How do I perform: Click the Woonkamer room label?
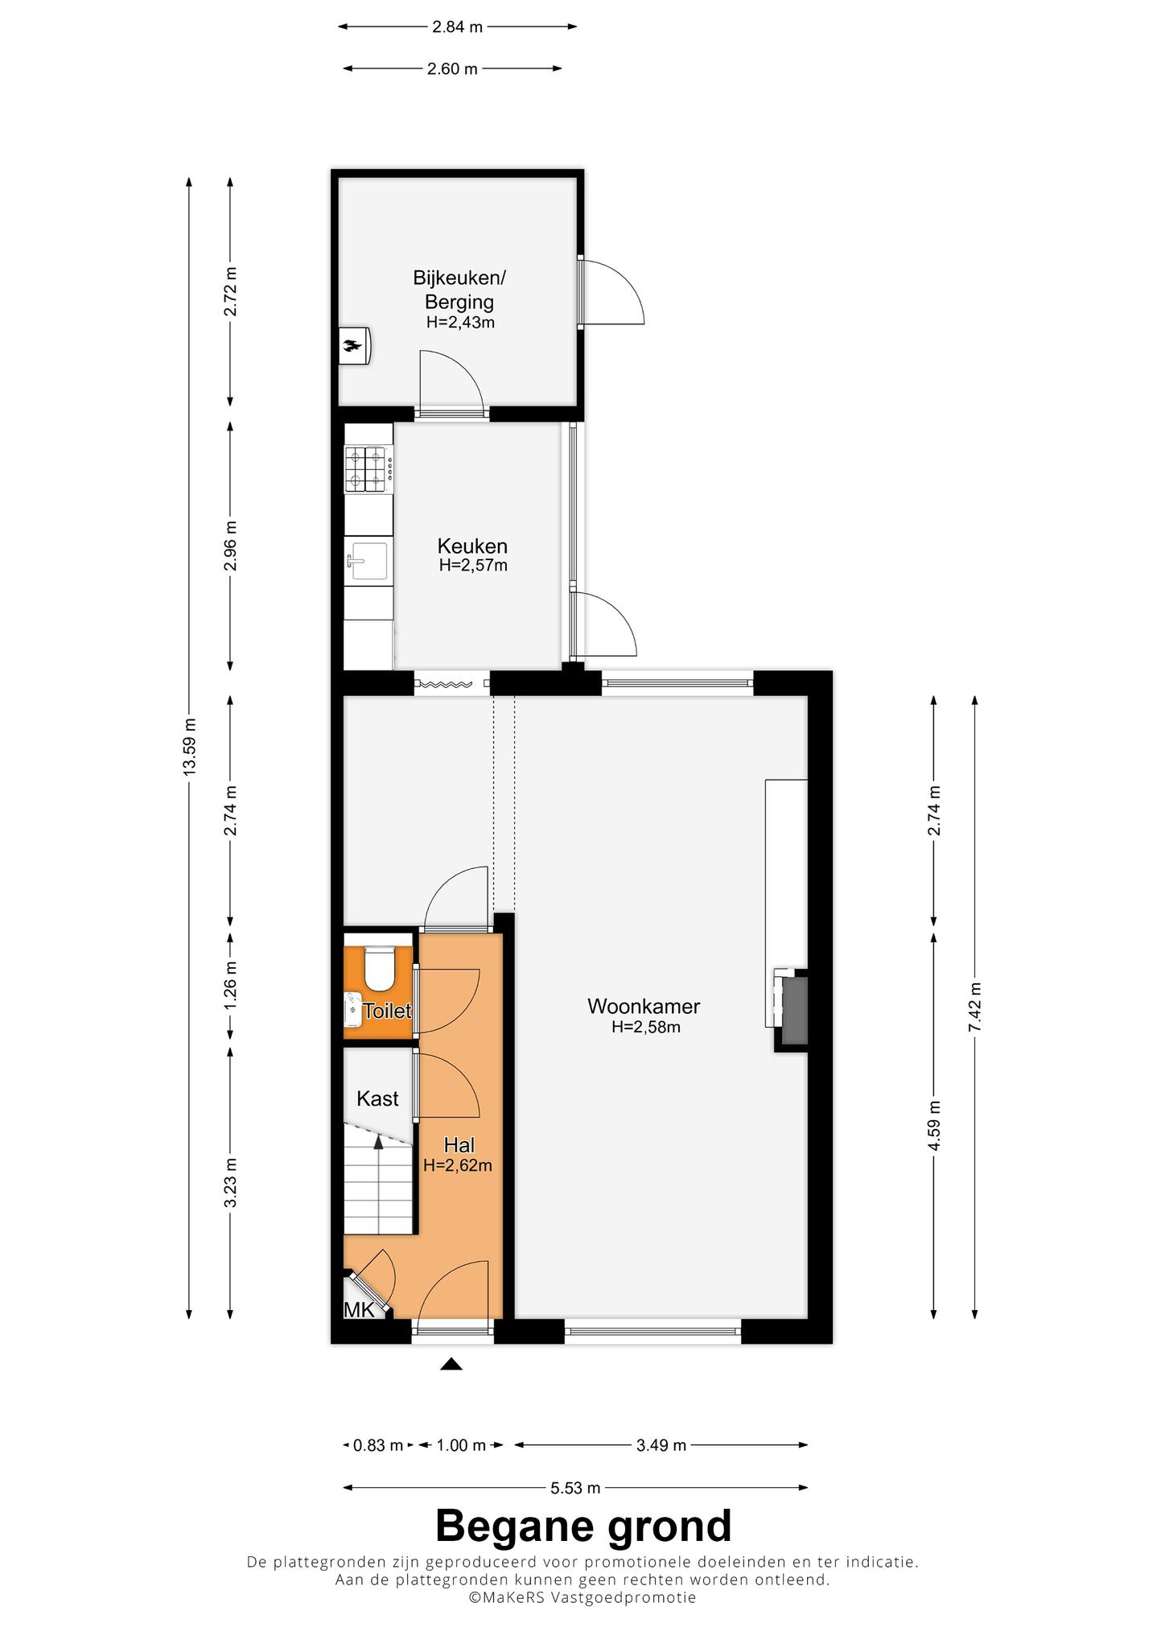coord(644,1006)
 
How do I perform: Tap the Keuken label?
coord(472,546)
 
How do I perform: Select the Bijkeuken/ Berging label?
coord(459,290)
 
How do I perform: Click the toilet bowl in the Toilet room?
coord(377,969)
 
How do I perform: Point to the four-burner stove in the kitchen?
coord(369,469)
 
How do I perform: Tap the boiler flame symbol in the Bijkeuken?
coord(352,346)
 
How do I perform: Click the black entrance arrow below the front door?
coord(451,1363)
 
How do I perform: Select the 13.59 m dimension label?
coord(189,746)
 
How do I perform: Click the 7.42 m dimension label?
coord(975,1007)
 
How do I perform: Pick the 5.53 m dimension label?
coord(575,1488)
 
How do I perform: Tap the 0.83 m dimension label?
coord(378,1445)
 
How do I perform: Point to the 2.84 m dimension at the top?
coord(457,27)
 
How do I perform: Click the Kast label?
coord(377,1098)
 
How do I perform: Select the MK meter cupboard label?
coord(359,1310)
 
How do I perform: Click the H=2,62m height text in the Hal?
coord(458,1164)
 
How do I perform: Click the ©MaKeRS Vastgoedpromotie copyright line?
coord(582,1597)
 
